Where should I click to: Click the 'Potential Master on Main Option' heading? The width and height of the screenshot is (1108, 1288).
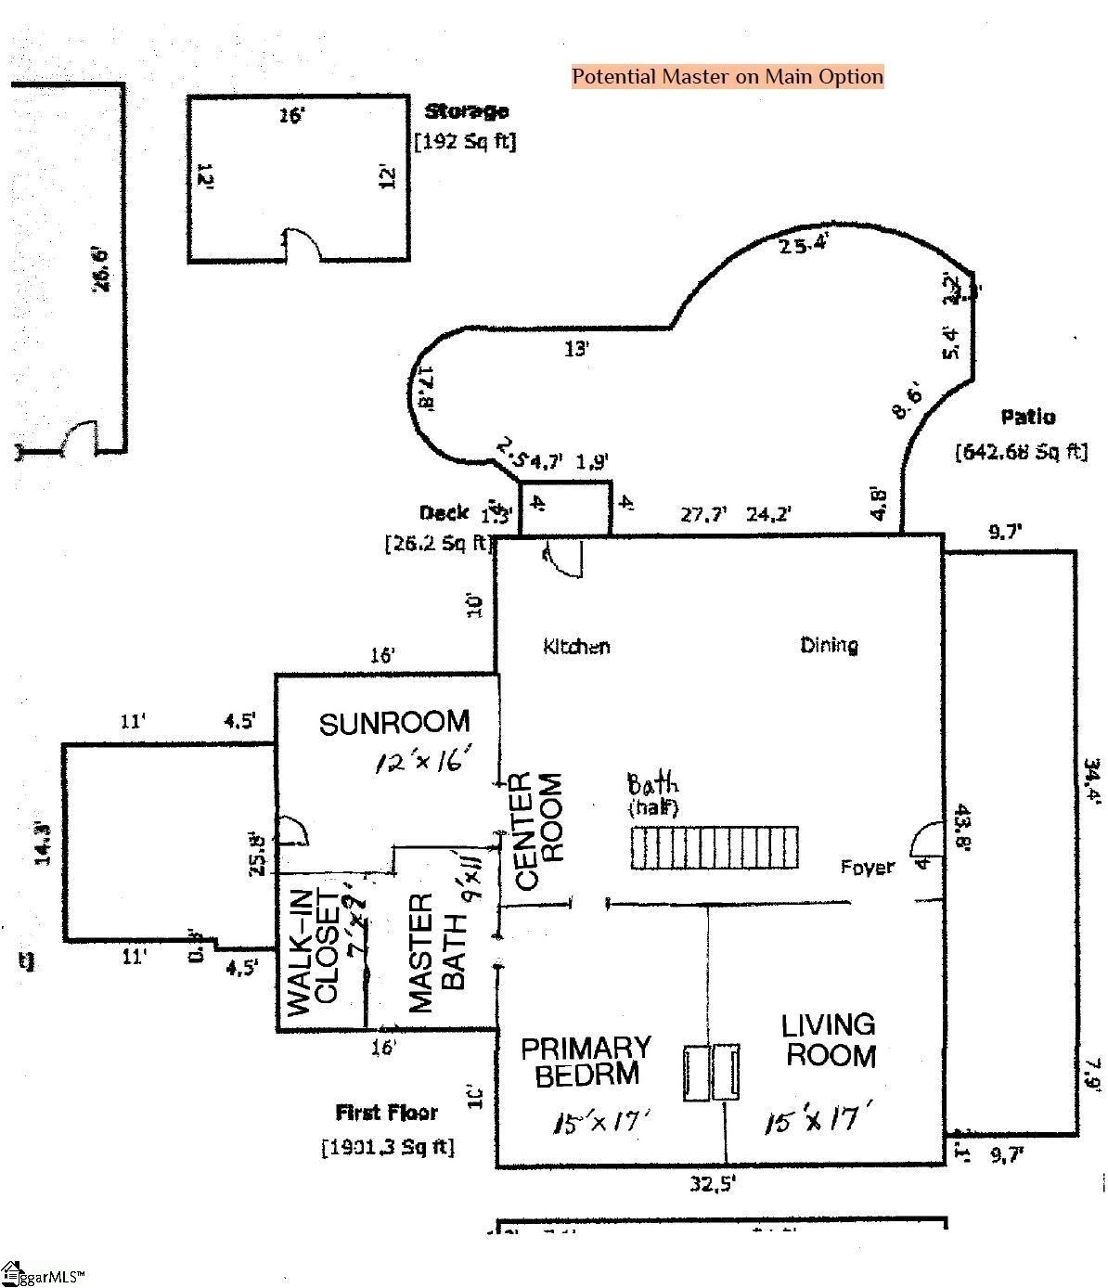(x=727, y=76)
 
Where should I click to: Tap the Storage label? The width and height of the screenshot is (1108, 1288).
(x=466, y=111)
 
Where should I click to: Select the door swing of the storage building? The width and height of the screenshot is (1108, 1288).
(x=302, y=245)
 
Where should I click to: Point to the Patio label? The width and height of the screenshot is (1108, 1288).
(x=1027, y=417)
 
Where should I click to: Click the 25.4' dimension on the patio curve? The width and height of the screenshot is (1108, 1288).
(x=804, y=245)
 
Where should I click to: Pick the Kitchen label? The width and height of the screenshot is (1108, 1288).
(x=576, y=646)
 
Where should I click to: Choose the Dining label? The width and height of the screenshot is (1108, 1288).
(x=829, y=645)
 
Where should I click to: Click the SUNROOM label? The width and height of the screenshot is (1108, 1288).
(x=394, y=723)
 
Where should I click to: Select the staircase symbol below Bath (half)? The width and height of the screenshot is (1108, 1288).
(x=714, y=847)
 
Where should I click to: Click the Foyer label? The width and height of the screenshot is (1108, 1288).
(x=868, y=867)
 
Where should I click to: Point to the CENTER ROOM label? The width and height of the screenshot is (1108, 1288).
(x=538, y=831)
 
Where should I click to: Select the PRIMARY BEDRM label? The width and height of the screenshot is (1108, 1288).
(x=585, y=1062)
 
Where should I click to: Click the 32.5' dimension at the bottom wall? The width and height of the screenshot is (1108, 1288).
(x=712, y=1184)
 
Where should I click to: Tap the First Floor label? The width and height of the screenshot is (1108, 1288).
(x=386, y=1112)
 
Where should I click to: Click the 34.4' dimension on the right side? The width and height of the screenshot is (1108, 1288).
(x=1092, y=781)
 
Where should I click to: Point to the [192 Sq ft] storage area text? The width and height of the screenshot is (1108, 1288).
(x=465, y=141)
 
